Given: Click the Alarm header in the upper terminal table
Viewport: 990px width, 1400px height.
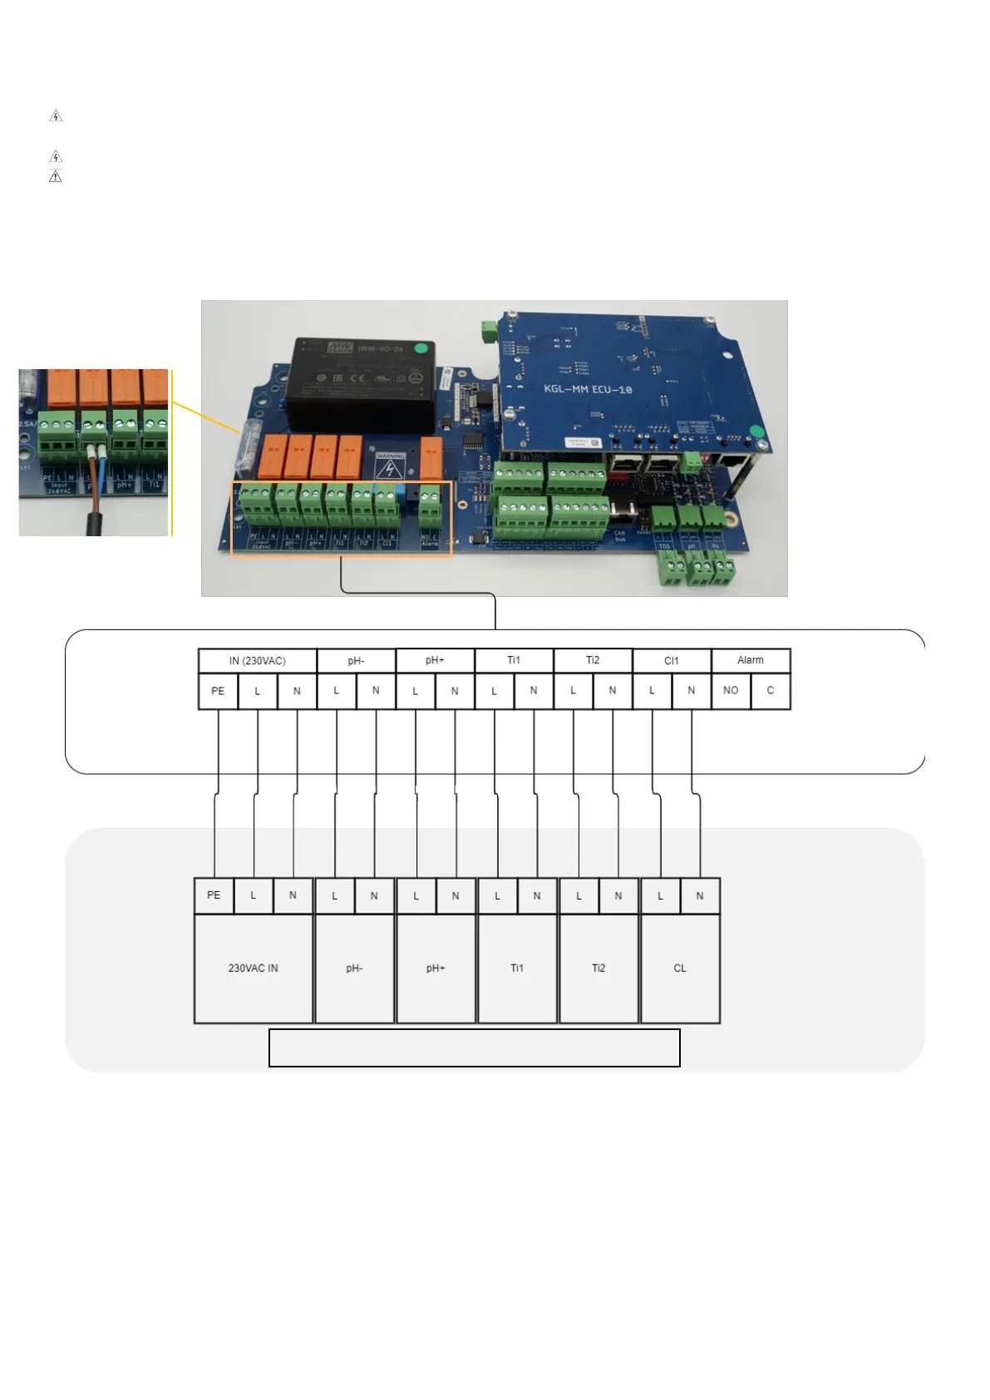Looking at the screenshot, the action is pyautogui.click(x=750, y=660).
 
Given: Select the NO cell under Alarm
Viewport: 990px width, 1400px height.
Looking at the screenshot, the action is pyautogui.click(x=731, y=691).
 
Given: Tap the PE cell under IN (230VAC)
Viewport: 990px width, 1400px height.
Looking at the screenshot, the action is pyautogui.click(x=218, y=691).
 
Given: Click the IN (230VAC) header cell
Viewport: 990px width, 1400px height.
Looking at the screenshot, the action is pyautogui.click(x=257, y=661).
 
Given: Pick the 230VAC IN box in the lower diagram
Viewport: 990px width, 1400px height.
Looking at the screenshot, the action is pyautogui.click(x=254, y=969).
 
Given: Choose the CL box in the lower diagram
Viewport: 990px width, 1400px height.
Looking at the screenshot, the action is pyautogui.click(x=680, y=969).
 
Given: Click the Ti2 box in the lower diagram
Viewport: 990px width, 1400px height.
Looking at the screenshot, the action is pyautogui.click(x=598, y=969).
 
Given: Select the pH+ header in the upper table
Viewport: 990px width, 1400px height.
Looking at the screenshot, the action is pyautogui.click(x=435, y=660).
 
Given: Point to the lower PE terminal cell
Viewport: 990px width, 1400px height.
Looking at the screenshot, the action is pyautogui.click(x=214, y=895).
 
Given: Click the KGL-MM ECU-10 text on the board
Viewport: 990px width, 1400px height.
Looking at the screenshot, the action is pyautogui.click(x=588, y=389).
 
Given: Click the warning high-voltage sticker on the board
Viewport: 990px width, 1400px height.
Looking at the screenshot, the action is pyautogui.click(x=389, y=467).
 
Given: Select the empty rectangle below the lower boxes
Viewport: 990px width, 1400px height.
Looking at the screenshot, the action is pyautogui.click(x=474, y=1048).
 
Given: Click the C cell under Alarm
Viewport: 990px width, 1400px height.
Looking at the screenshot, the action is pyautogui.click(x=771, y=691).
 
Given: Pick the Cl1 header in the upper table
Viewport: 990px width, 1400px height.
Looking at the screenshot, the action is pyautogui.click(x=671, y=661).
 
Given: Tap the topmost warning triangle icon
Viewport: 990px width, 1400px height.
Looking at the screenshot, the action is pyautogui.click(x=56, y=116).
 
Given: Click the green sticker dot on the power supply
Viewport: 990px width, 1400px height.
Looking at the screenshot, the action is pyautogui.click(x=421, y=348).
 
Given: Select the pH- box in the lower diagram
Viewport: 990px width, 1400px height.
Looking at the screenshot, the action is pyautogui.click(x=354, y=969).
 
